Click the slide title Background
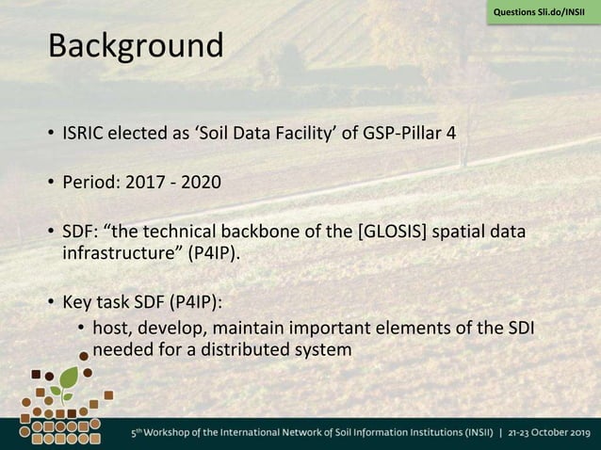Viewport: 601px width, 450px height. coord(137,44)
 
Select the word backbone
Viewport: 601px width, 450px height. coord(289,232)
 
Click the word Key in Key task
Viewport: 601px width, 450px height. coord(77,303)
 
